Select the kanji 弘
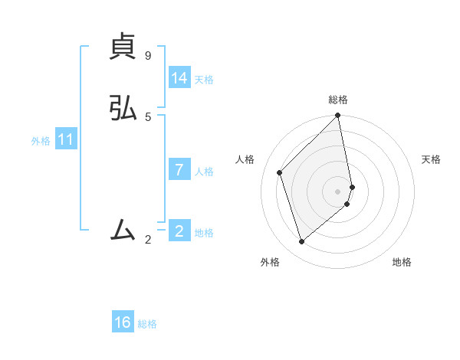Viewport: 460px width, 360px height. pyautogui.click(x=123, y=110)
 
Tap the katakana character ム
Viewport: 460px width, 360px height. pyautogui.click(x=123, y=228)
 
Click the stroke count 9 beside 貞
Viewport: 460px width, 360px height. pyautogui.click(x=148, y=56)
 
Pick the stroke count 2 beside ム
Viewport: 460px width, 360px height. pyautogui.click(x=148, y=240)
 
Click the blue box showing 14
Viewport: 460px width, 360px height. pyautogui.click(x=179, y=78)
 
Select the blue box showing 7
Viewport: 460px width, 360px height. pyautogui.click(x=179, y=170)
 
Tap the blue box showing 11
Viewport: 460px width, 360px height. pyautogui.click(x=66, y=140)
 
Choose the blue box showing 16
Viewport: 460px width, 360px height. pyautogui.click(x=123, y=323)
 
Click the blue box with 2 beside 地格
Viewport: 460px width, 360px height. pyautogui.click(x=179, y=231)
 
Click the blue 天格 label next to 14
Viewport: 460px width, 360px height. pyautogui.click(x=204, y=80)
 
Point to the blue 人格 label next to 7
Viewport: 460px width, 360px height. pyautogui.click(x=204, y=172)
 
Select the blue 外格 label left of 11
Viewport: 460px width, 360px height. pyautogui.click(x=41, y=141)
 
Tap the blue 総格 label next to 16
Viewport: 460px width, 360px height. pyautogui.click(x=147, y=324)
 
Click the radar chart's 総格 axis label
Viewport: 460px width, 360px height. pyautogui.click(x=338, y=100)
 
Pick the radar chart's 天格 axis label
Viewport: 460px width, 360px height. pyautogui.click(x=431, y=159)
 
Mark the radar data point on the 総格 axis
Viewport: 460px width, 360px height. pyautogui.click(x=338, y=116)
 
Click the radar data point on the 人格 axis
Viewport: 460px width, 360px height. pyautogui.click(x=280, y=172)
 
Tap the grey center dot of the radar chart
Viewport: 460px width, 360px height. pyautogui.click(x=338, y=191)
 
